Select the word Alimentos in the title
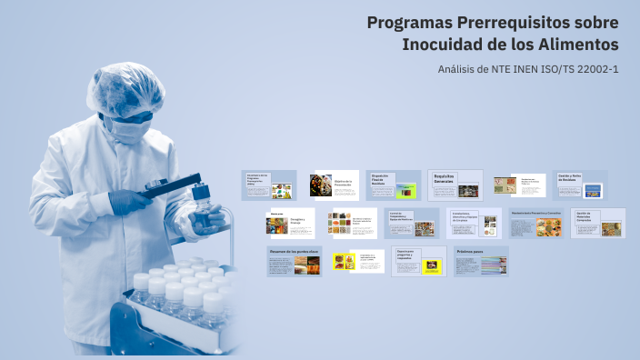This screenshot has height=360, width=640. click(575, 45)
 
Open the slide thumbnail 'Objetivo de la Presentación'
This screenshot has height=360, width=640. click(334, 185)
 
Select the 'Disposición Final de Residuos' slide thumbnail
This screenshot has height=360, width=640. click(394, 185)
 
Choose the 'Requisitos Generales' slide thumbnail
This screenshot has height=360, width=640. click(455, 185)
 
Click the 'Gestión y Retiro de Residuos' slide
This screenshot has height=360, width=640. click(580, 185)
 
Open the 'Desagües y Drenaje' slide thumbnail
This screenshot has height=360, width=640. click(290, 223)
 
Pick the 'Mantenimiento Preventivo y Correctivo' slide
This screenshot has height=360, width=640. click(536, 223)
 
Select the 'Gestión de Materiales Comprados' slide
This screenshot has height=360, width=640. click(597, 223)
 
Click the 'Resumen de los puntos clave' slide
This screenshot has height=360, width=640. click(295, 261)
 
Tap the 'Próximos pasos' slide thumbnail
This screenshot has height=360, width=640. click(481, 261)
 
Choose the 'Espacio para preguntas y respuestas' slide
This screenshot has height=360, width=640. click(418, 261)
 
